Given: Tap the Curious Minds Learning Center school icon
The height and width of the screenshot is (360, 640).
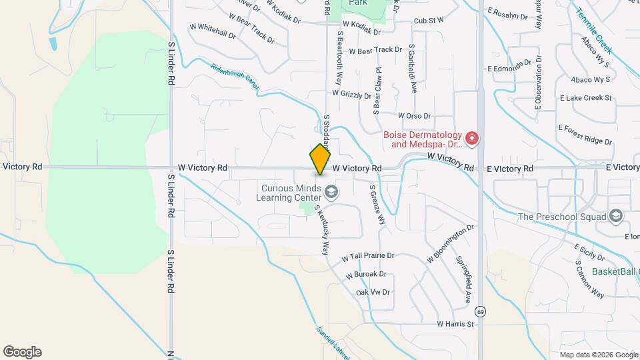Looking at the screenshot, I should (x=331, y=193).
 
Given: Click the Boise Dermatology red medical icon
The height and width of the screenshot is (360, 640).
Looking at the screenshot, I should (x=472, y=139).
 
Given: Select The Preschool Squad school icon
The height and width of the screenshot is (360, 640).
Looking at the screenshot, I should (x=615, y=217).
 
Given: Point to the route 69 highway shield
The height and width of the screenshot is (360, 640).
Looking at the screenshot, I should (x=480, y=311).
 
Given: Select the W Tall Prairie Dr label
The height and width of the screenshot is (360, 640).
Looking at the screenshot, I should (x=368, y=256).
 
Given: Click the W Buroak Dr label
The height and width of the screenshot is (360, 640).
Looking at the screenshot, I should (x=366, y=274).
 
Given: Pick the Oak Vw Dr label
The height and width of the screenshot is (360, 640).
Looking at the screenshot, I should (x=373, y=292).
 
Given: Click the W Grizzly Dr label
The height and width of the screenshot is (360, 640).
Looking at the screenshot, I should (x=352, y=95).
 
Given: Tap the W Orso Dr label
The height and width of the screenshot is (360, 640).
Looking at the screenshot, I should (x=415, y=115).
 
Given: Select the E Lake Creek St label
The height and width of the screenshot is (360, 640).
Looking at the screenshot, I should (x=585, y=98).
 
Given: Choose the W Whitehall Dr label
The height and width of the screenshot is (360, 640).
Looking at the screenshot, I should (x=213, y=31).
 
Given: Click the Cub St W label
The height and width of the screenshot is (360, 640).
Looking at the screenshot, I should (x=429, y=21).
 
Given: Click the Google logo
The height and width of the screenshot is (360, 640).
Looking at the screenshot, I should (x=22, y=352).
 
